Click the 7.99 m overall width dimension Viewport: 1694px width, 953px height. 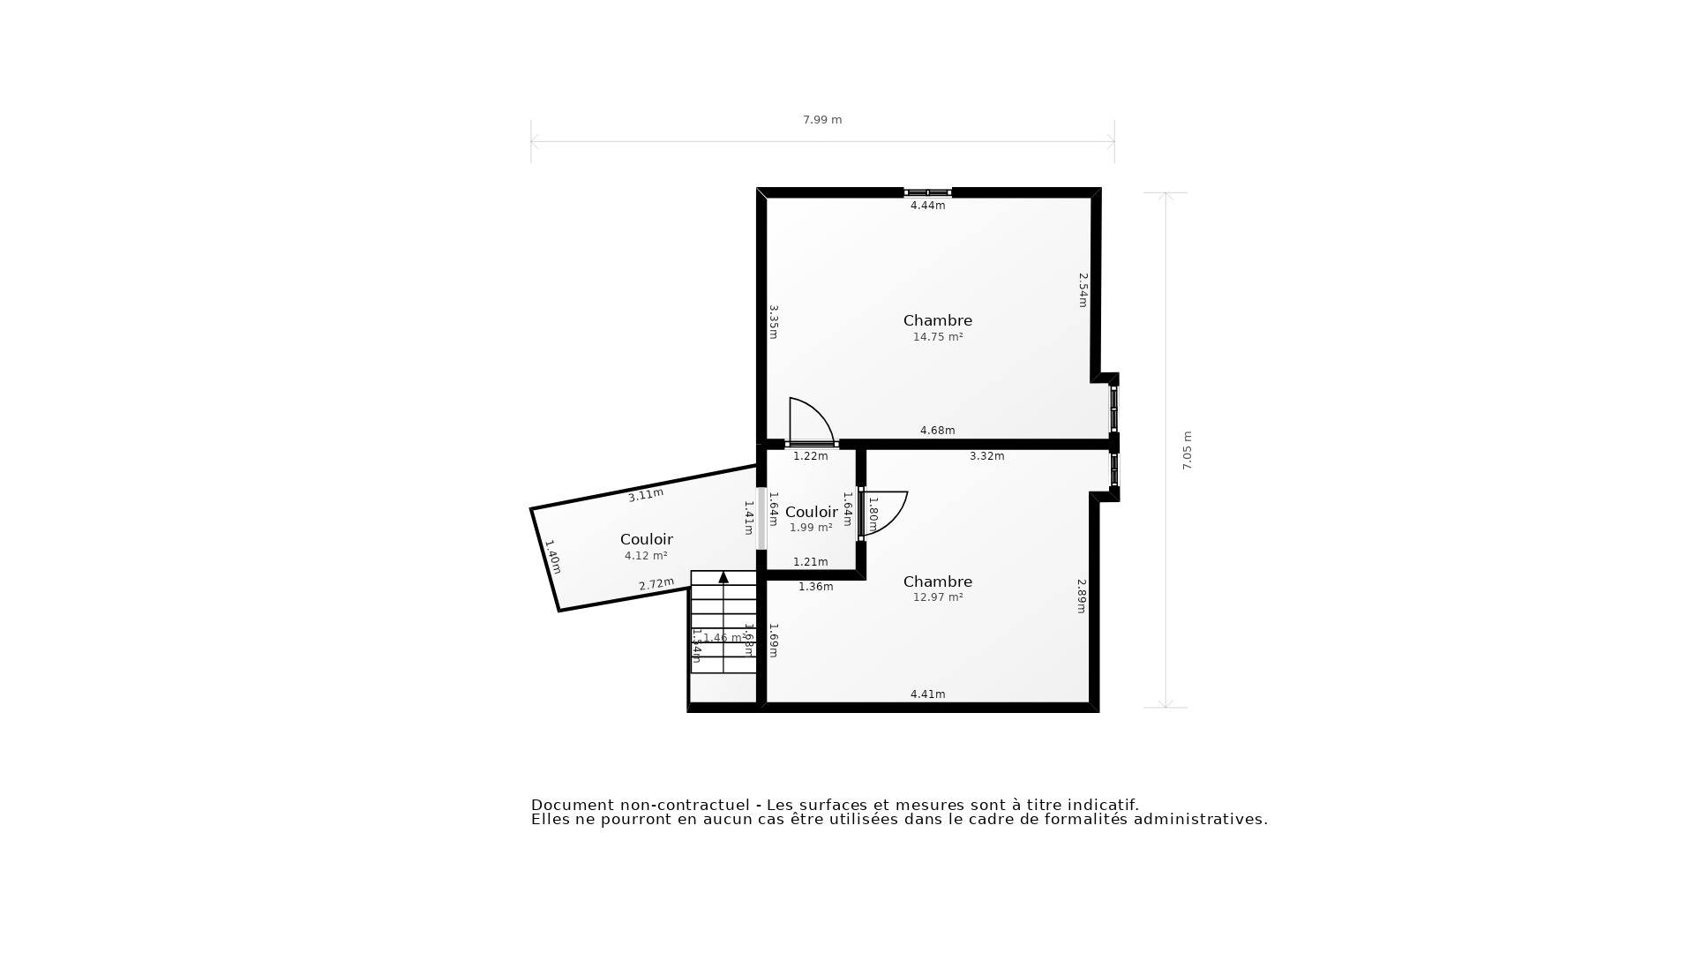(x=821, y=120)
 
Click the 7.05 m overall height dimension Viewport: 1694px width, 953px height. (x=1187, y=450)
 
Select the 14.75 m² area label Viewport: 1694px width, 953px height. (x=937, y=337)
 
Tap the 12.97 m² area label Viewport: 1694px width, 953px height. (x=937, y=597)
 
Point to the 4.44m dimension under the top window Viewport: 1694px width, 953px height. (x=927, y=206)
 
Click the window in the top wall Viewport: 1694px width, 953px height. (x=927, y=192)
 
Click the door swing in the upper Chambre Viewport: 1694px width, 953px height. (x=810, y=422)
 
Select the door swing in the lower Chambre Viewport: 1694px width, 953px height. (x=884, y=512)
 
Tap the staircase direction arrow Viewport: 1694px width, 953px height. (x=723, y=577)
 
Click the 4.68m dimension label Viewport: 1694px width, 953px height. (x=937, y=431)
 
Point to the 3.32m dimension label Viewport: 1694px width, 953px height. (x=986, y=456)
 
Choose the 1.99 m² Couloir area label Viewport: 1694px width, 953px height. (x=811, y=528)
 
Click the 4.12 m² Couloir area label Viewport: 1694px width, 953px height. (x=646, y=556)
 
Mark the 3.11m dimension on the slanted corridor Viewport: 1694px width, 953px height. (x=646, y=495)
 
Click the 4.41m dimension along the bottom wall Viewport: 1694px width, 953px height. (x=927, y=694)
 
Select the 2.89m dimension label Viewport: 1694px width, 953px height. (x=1082, y=596)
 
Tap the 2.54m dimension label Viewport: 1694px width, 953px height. (x=1083, y=289)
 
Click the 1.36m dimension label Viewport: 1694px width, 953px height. (x=815, y=587)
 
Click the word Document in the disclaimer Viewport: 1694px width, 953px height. (x=571, y=805)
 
